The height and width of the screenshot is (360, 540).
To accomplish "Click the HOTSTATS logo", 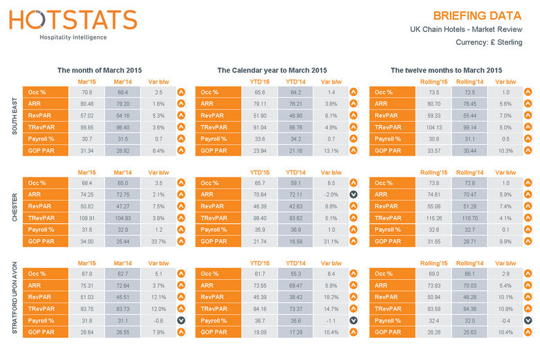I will point(73,21).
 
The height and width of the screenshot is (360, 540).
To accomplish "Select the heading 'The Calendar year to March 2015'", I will point(272,71).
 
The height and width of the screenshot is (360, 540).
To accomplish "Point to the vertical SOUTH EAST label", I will point(15,116).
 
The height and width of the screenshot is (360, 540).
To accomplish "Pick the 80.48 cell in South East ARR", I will point(87,104).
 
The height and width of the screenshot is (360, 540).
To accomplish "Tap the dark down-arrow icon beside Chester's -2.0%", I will point(353,195).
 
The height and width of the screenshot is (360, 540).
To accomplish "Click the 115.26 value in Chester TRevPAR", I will point(433,217).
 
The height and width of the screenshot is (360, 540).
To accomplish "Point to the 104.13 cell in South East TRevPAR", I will point(433,127).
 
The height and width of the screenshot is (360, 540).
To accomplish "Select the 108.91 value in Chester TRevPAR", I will point(87,217).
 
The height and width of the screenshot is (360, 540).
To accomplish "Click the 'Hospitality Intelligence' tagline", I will point(73,37).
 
